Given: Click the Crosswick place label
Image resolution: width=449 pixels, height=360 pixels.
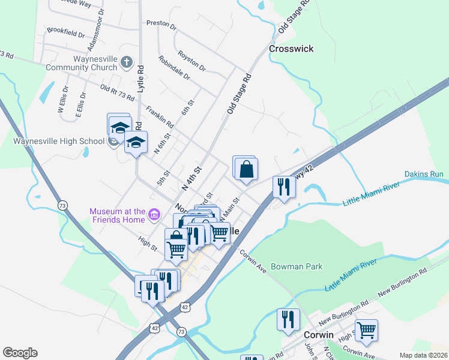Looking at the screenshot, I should (x=291, y=49).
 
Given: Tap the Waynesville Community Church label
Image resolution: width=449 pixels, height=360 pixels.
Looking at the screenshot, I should (x=82, y=64).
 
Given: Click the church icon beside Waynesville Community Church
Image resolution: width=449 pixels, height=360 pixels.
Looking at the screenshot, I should (x=126, y=62).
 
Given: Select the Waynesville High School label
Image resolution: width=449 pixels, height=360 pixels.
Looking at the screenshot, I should (x=59, y=142).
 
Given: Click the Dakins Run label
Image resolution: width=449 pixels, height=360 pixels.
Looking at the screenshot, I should (x=424, y=175).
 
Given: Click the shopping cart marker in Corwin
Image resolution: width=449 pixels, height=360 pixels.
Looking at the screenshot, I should (x=366, y=329).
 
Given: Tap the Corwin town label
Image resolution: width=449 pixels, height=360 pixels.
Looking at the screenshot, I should (x=318, y=335).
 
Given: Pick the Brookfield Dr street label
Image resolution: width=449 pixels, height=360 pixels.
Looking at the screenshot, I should (x=65, y=32).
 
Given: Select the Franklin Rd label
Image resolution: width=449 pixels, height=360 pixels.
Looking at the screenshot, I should (x=160, y=116).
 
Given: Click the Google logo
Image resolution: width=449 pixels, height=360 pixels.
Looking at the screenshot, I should (x=20, y=353).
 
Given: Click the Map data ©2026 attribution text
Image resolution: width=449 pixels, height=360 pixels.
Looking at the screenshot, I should (x=423, y=355).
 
